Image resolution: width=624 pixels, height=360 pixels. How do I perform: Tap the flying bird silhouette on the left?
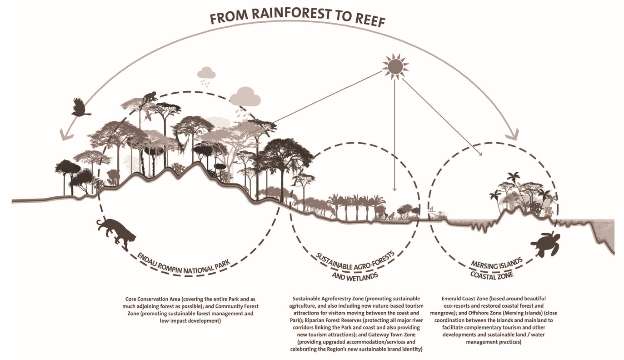point(80,107)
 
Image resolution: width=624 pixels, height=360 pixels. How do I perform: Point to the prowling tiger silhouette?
point(116,232)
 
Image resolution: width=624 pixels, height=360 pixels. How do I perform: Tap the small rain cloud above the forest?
point(206,73)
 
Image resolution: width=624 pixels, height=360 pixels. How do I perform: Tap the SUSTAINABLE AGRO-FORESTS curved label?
point(354,262)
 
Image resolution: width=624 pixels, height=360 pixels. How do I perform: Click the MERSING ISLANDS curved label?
point(497,264)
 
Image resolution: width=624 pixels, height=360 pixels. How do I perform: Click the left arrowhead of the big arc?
point(63,135)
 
